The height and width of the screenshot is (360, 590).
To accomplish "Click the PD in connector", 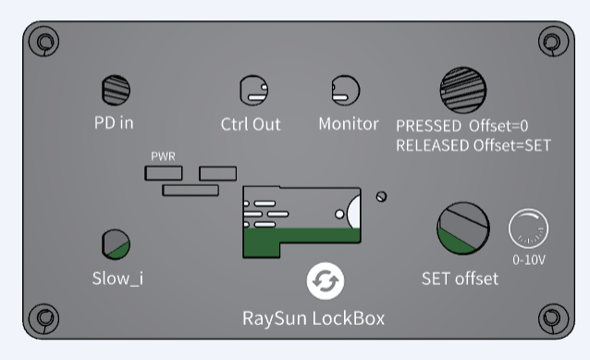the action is pyautogui.click(x=116, y=90).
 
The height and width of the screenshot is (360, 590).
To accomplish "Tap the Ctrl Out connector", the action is pyautogui.click(x=254, y=91).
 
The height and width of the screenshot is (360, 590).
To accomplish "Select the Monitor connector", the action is pyautogui.click(x=346, y=91).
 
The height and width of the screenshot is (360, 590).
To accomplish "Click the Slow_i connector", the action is pyautogui.click(x=116, y=244).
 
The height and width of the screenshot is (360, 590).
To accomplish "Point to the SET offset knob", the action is pyautogui.click(x=463, y=229).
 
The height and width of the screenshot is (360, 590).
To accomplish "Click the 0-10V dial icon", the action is pyautogui.click(x=528, y=229).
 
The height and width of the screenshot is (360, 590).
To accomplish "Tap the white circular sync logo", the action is pyautogui.click(x=326, y=281).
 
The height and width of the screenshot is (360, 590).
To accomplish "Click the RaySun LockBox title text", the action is pyautogui.click(x=313, y=318).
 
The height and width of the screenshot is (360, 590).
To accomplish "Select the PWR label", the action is pyautogui.click(x=163, y=156).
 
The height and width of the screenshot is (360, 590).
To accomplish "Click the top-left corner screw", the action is pyautogui.click(x=44, y=41).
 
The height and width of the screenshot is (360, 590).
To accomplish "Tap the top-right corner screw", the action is pyautogui.click(x=554, y=41).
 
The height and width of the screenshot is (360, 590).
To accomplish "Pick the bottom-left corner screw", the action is pyautogui.click(x=44, y=318).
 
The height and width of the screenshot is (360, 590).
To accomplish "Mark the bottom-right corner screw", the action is pyautogui.click(x=554, y=318).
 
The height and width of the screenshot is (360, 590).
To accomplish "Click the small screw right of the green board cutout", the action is pyautogui.click(x=381, y=196).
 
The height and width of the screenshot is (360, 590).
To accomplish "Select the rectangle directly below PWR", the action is pyautogui.click(x=164, y=173).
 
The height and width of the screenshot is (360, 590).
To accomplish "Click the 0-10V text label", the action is pyautogui.click(x=529, y=259).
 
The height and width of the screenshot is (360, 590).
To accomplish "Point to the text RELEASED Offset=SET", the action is pyautogui.click(x=473, y=145).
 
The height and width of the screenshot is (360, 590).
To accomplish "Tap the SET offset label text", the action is pyautogui.click(x=460, y=279).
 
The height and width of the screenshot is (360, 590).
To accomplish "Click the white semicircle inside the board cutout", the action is pyautogui.click(x=354, y=212).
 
